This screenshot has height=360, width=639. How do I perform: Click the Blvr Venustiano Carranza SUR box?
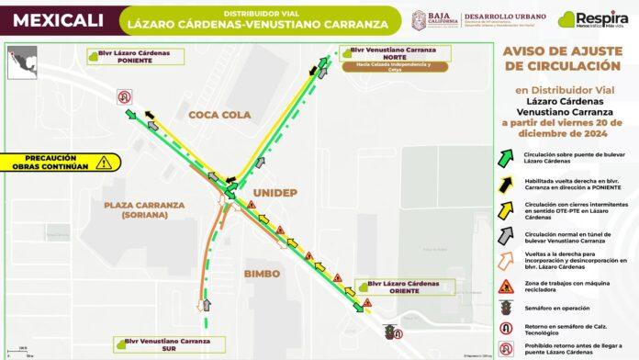point(163,344)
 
